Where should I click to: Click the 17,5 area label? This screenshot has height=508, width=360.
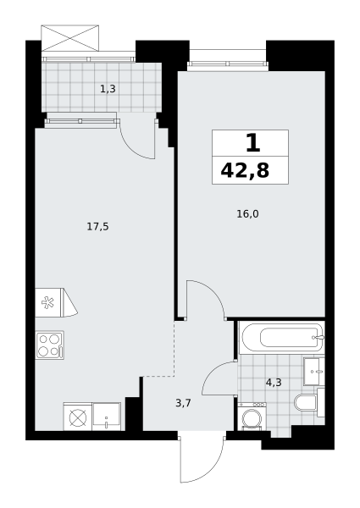point(97,226)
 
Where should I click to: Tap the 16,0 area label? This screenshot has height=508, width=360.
point(247,214)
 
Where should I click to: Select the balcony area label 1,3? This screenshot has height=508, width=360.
point(108,89)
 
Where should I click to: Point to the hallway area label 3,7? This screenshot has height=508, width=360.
point(183,403)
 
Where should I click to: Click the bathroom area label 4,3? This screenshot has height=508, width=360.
point(274,383)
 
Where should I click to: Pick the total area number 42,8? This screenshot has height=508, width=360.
point(245,170)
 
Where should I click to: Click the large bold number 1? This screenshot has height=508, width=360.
point(253,143)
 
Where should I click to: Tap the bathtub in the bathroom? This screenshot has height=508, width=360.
point(281,338)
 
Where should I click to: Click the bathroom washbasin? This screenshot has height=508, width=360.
point(314,372)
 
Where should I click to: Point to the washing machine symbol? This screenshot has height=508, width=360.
point(252,417)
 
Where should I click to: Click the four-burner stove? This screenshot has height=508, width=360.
point(50,345)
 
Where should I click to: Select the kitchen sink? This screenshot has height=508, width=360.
point(106,417)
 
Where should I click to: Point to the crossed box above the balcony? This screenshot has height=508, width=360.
point(69,38)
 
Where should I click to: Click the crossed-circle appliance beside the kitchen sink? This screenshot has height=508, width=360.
point(77,417)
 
